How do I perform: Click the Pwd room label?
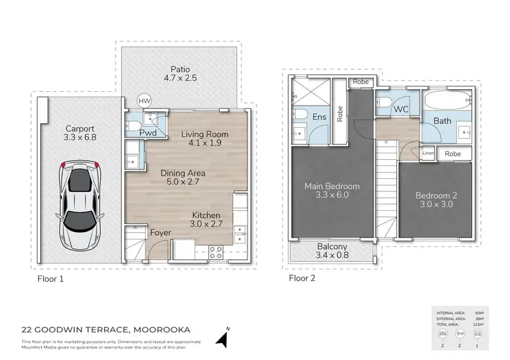coord(148,133)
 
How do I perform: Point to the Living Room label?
coord(205,134)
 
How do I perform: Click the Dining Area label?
coord(183,173)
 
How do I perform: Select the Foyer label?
coord(160,233)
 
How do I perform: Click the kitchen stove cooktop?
coord(216,251)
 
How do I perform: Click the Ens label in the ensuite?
coord(319,117)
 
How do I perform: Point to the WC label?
coord(401,108)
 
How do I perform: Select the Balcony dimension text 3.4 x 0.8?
coord(333,257)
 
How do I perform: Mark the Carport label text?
coord(80,128)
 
